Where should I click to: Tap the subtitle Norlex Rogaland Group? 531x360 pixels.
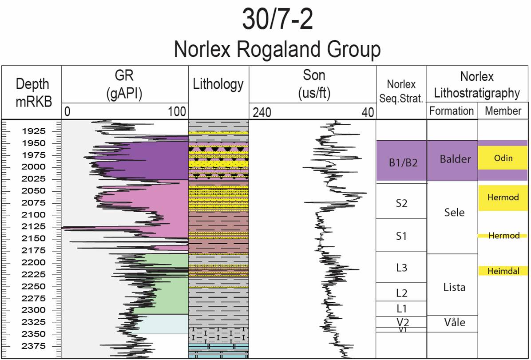[x=277, y=49]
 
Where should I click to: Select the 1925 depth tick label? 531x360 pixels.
[x=34, y=131]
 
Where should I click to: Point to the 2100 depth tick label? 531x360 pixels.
[x=34, y=215]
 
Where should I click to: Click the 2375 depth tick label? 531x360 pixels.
[x=34, y=346]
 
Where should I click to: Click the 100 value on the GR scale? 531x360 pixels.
[x=177, y=112]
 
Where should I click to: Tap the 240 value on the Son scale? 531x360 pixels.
[x=262, y=113]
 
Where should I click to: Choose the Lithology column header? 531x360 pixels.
[x=218, y=84]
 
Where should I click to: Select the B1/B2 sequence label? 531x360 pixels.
[x=401, y=162]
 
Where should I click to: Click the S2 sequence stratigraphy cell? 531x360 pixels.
[x=401, y=203]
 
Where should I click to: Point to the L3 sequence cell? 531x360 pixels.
[x=401, y=267]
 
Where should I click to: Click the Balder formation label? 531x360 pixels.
[x=455, y=159]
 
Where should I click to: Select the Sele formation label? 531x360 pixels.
[x=454, y=213]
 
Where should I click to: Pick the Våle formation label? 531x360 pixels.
[x=455, y=322]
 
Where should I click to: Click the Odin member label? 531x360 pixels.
[x=503, y=158]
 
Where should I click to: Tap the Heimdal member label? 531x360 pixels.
[x=503, y=271]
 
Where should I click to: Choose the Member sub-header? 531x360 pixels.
[x=503, y=111]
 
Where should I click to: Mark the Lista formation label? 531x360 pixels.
[x=454, y=287]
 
